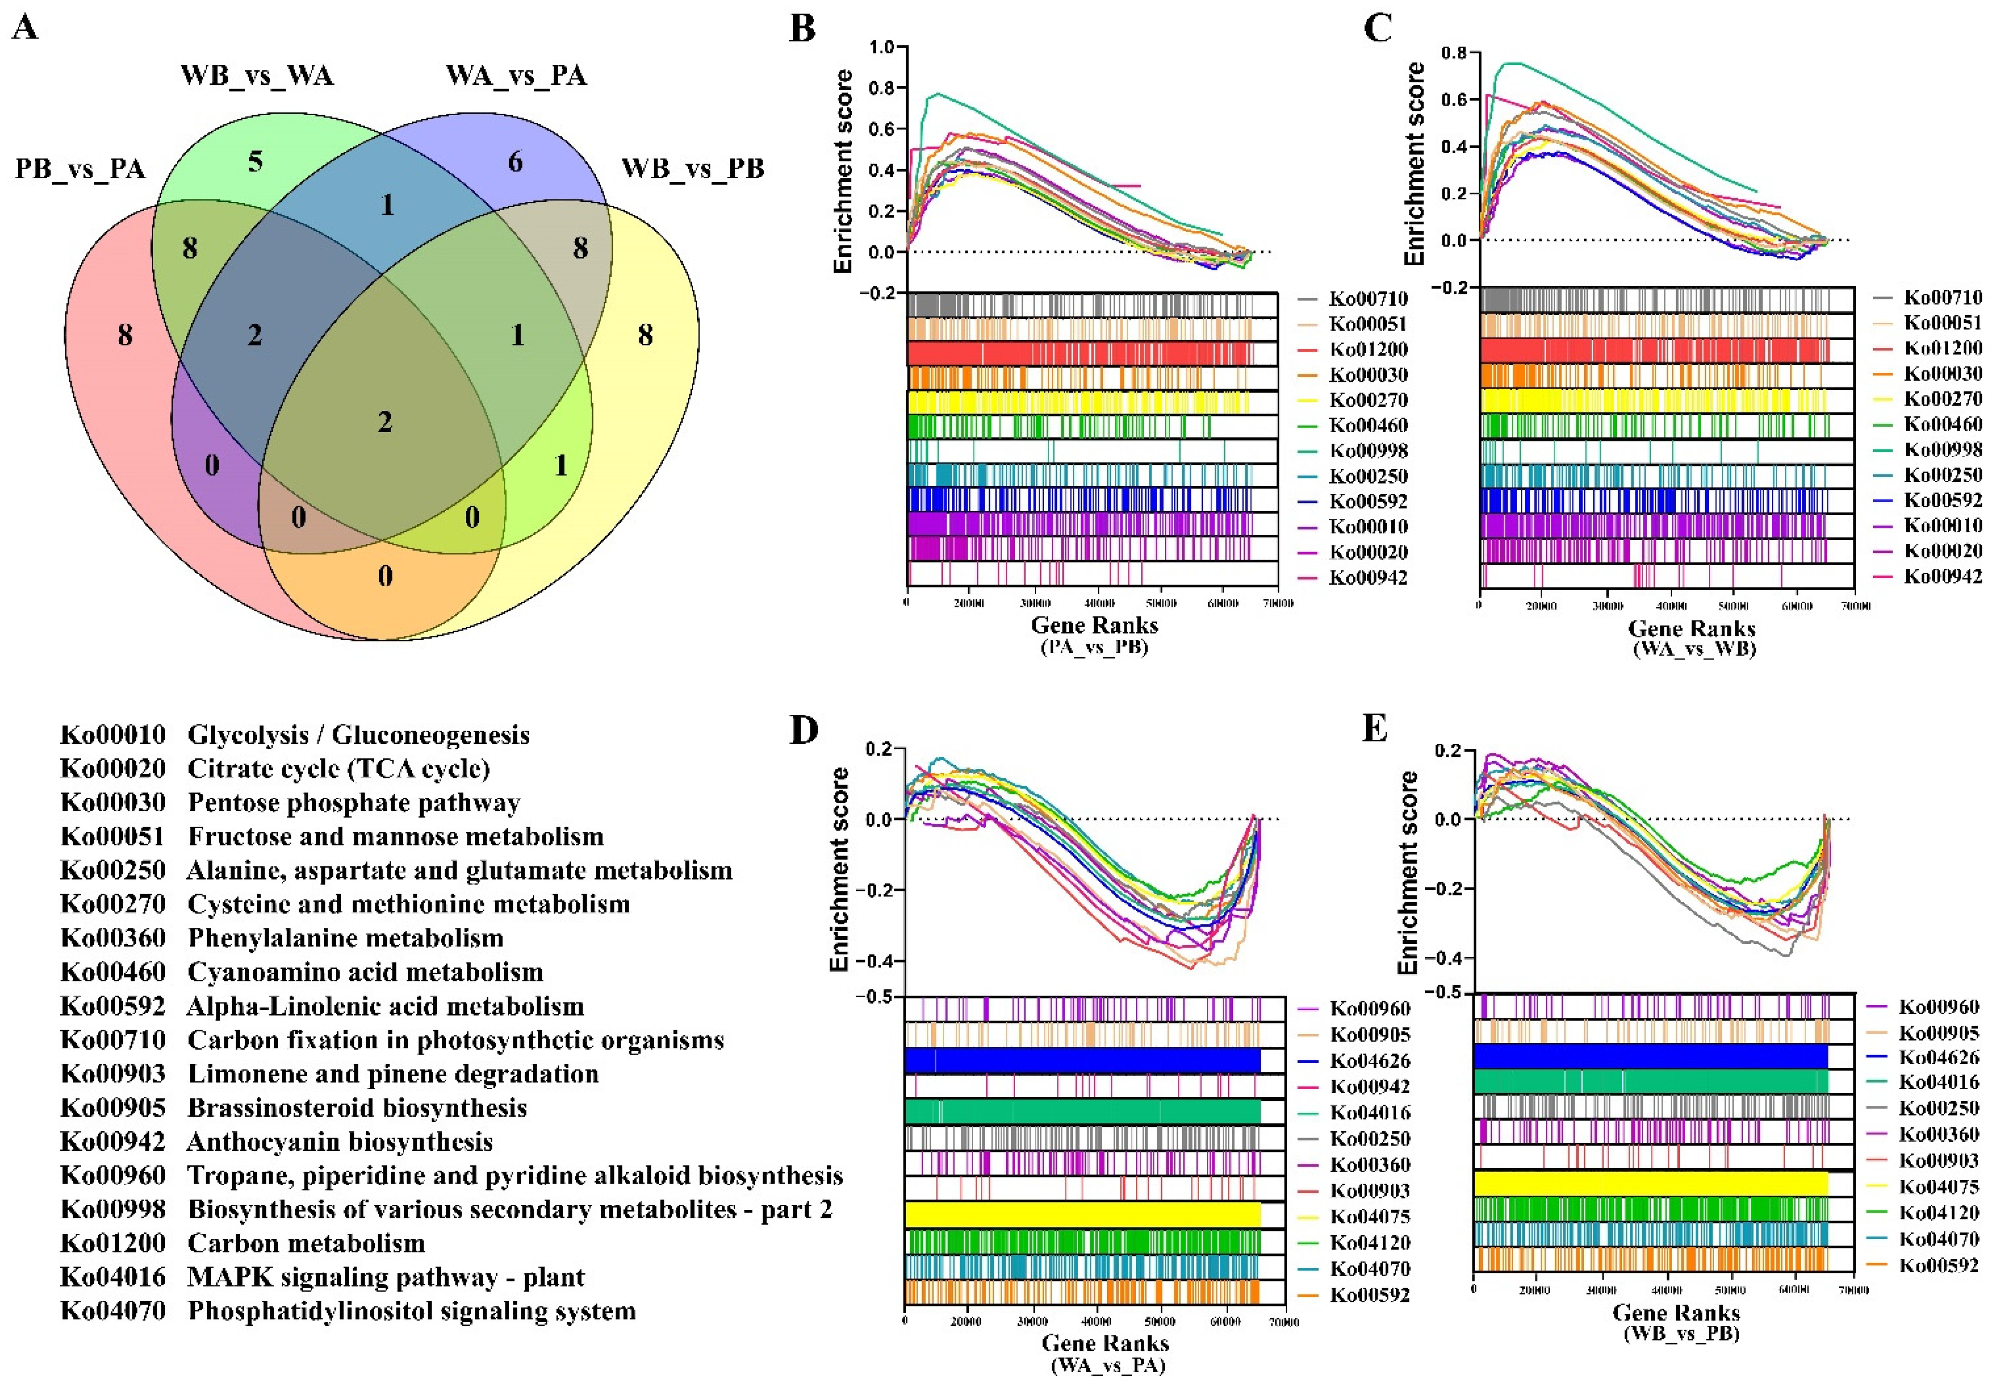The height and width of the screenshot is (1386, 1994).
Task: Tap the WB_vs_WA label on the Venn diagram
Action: pyautogui.click(x=257, y=76)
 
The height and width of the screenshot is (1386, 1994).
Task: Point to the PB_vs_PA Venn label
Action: pyautogui.click(x=80, y=169)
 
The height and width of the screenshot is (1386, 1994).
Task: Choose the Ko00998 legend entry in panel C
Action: pyautogui.click(x=1943, y=449)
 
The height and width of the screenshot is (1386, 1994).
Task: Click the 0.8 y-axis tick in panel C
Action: pyautogui.click(x=1454, y=53)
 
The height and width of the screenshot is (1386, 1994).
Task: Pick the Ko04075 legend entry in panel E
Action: pyautogui.click(x=1939, y=1186)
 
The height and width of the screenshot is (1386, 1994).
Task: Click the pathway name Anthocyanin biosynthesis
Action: pyautogui.click(x=340, y=1141)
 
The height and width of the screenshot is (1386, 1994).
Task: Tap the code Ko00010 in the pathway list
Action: pyautogui.click(x=112, y=735)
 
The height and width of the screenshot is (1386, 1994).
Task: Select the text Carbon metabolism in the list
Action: pyautogui.click(x=306, y=1243)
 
